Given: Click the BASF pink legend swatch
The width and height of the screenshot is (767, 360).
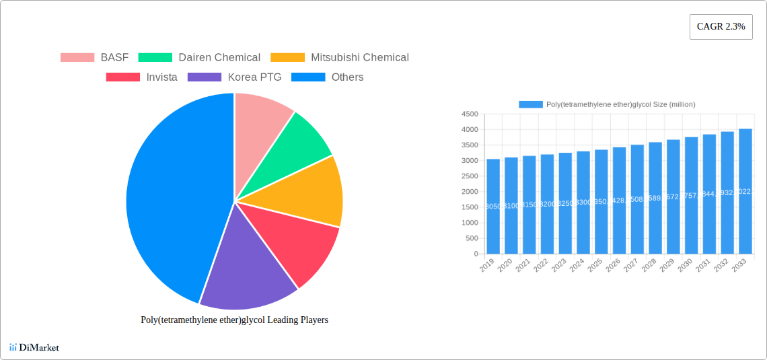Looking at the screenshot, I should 77,58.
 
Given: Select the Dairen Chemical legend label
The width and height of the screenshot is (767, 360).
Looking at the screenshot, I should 219,58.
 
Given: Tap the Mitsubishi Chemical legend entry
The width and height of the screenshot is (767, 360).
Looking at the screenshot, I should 359,58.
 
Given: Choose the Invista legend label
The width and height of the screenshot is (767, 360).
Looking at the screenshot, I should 161,77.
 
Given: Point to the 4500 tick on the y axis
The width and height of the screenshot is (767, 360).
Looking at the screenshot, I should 470,114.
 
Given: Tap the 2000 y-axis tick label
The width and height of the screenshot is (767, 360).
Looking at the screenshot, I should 470,192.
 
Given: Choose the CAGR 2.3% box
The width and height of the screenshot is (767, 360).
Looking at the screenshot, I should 721,27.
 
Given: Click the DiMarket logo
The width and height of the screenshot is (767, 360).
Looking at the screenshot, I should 34,347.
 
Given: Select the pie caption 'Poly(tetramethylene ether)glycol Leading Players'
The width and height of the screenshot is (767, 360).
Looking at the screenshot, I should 234,320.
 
